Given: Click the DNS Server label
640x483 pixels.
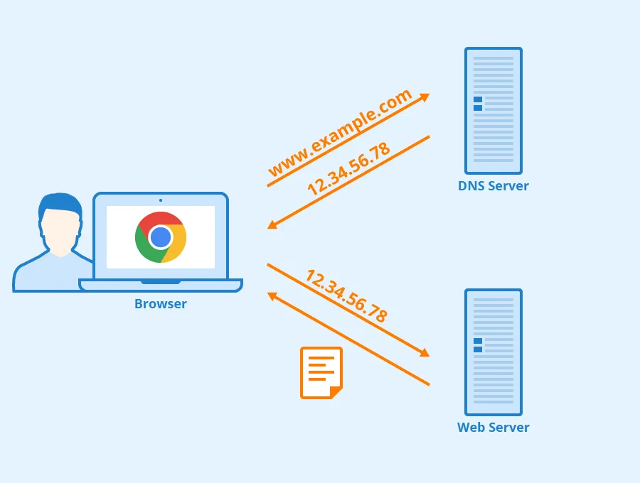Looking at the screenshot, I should coord(493,186).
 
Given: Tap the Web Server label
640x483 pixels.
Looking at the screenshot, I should coord(493,428).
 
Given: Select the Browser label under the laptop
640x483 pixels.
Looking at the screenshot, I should coord(161,304).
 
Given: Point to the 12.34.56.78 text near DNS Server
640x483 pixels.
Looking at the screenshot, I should coord(348,169).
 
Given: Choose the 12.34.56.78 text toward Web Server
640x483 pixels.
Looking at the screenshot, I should coord(346,296).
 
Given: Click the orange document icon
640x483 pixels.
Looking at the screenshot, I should coord(321,372).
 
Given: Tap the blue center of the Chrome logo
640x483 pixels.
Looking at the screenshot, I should coord(161,237).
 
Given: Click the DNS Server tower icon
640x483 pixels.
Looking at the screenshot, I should coord(493,111).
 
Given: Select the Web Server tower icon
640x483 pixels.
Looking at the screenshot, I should coord(493,352).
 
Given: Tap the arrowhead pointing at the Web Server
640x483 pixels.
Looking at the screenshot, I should coord(425,352).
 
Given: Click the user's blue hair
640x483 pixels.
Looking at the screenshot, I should coord(60,204).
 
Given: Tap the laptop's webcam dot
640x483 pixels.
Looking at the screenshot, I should coord(161,200).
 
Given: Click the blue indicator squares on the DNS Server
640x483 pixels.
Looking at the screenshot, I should coord(478,104).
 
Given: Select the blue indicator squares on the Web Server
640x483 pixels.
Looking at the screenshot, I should coord(478,345).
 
